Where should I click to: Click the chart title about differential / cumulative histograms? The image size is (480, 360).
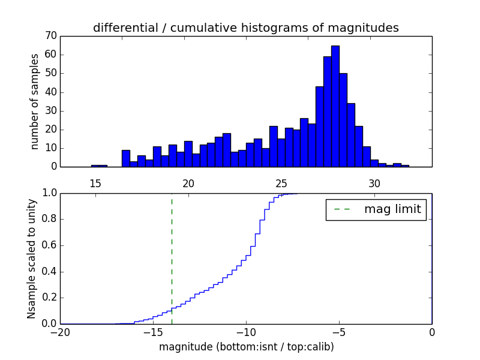pyautogui.click(x=245, y=28)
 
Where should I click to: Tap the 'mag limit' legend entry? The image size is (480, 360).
pyautogui.click(x=376, y=209)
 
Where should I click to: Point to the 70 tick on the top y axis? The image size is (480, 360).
pyautogui.click(x=50, y=36)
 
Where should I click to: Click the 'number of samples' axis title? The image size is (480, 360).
pyautogui.click(x=35, y=101)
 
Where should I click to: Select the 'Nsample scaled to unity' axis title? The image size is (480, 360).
pyautogui.click(x=31, y=259)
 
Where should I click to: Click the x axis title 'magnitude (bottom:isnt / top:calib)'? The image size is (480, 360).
pyautogui.click(x=246, y=347)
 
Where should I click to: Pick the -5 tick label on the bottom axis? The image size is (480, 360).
pyautogui.click(x=339, y=332)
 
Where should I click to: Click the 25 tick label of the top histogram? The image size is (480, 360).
pyautogui.click(x=281, y=183)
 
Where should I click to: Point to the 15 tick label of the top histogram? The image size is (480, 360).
pyautogui.click(x=95, y=183)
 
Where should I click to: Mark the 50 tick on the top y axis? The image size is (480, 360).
pyautogui.click(x=50, y=73)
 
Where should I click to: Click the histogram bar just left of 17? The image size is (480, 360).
pyautogui.click(x=126, y=158)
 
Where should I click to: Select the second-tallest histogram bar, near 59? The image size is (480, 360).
pyautogui.click(x=327, y=112)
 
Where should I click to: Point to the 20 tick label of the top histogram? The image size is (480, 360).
pyautogui.click(x=188, y=183)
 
